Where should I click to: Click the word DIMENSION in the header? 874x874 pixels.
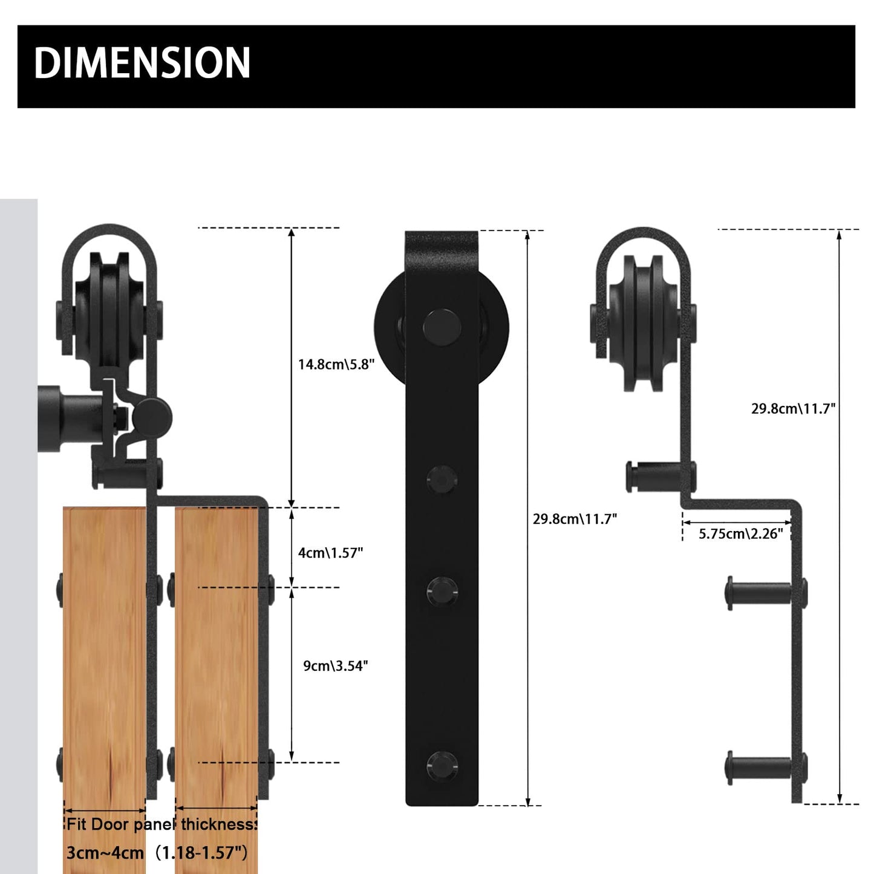pos(142,63)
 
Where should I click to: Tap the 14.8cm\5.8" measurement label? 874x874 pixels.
pos(336,364)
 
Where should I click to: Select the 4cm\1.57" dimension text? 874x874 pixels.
pos(330,552)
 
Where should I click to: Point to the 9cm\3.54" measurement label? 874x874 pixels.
pos(335,665)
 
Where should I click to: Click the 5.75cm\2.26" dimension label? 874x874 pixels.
pos(740,533)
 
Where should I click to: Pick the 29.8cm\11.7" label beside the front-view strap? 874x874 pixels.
pos(575,518)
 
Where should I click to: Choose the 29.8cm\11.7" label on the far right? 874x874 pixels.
pos(793,408)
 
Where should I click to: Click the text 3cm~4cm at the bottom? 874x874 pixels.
pos(105,853)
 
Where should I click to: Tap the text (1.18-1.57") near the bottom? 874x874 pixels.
pos(201,853)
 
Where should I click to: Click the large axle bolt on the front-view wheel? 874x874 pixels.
pos(442,327)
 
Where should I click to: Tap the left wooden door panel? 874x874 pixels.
pos(104,665)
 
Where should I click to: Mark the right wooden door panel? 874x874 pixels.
pos(216,665)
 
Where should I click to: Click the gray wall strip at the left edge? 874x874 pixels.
pos(18,544)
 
